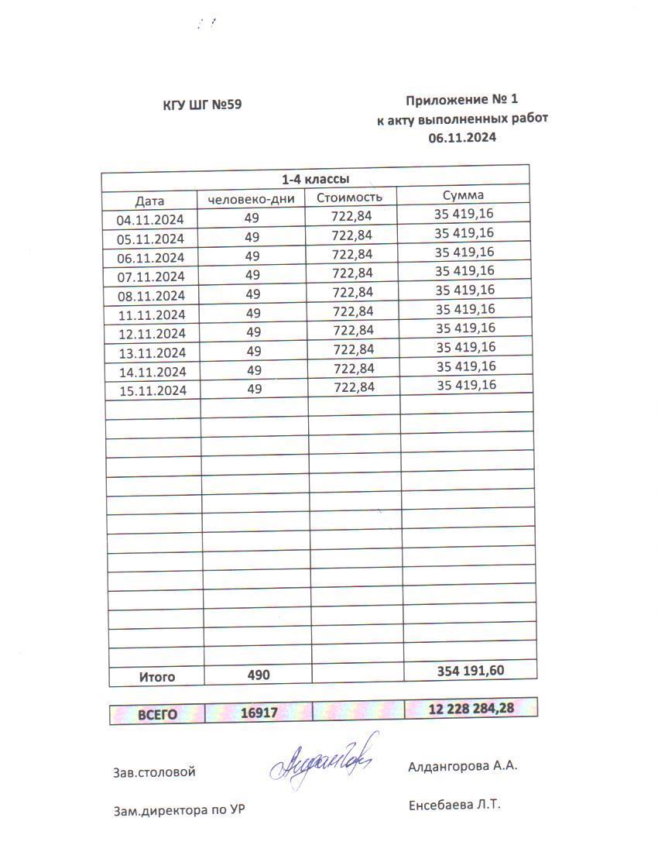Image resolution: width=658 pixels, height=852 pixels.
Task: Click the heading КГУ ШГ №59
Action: coord(202,105)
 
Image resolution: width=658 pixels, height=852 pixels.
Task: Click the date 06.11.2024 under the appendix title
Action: coord(461,138)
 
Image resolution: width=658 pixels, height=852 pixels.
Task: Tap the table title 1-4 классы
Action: coord(314,179)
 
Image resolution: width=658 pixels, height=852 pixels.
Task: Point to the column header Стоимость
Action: coord(349,197)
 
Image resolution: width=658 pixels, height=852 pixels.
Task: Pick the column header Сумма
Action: coord(463,195)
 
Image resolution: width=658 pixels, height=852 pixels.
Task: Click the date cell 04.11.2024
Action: coord(150,219)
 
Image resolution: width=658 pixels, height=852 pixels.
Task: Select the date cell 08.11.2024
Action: coord(152,296)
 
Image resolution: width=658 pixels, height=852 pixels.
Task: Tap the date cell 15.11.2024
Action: coord(153,390)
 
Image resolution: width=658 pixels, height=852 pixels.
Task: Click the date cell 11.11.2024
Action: coord(152,314)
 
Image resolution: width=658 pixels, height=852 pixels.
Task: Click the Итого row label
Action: coord(157,676)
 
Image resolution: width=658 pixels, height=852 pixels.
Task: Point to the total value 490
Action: coord(259,675)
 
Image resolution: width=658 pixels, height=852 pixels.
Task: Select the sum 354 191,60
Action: coord(470,670)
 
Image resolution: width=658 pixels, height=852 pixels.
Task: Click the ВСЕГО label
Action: coord(157,714)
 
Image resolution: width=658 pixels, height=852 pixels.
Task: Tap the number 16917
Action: coord(259,713)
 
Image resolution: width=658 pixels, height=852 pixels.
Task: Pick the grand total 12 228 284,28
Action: coord(471,708)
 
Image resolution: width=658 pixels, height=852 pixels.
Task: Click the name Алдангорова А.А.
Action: coord(462,767)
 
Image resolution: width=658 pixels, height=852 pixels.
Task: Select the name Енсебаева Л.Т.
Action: coord(454,806)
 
